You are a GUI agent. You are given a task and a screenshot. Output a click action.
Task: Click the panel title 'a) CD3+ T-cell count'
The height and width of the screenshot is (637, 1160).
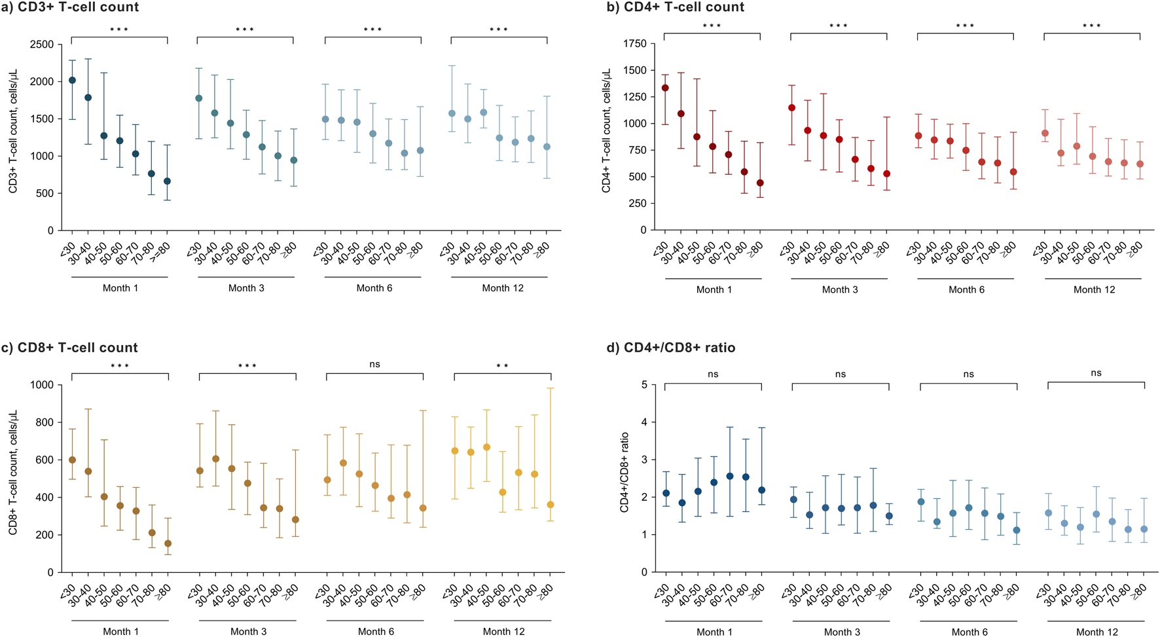click(69, 7)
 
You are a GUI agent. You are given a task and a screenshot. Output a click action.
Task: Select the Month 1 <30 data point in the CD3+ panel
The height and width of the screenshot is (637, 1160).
click(72, 81)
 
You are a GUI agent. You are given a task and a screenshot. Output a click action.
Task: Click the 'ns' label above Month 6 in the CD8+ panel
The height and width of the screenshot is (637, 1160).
click(374, 364)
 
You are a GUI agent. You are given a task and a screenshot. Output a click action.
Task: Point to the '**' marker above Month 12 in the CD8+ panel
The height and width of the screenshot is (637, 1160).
click(502, 366)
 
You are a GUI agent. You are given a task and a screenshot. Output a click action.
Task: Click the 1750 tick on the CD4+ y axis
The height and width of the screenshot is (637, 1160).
click(634, 44)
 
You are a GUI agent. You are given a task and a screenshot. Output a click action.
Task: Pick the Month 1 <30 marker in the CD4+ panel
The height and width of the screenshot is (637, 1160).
click(665, 88)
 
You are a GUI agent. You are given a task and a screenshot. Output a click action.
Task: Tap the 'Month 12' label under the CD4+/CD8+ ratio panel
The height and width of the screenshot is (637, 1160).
click(1097, 632)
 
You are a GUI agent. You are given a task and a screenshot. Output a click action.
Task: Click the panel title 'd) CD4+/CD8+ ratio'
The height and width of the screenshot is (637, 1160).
click(670, 348)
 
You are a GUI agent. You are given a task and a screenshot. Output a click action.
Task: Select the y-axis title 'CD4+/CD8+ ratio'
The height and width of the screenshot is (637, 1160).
click(625, 471)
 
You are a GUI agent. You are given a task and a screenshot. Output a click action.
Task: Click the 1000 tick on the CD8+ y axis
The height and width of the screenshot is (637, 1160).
click(42, 385)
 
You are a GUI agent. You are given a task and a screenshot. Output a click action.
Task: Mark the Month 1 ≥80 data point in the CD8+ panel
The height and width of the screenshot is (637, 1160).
click(168, 543)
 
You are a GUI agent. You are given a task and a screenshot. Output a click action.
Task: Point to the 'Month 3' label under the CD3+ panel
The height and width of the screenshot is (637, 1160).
click(246, 288)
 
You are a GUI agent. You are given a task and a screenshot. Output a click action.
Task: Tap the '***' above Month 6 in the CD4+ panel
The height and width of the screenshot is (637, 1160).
click(965, 26)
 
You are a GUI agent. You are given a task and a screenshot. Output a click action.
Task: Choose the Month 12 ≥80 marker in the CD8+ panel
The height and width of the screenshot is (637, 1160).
click(551, 505)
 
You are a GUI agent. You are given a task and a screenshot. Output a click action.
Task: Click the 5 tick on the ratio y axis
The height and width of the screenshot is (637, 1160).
click(644, 385)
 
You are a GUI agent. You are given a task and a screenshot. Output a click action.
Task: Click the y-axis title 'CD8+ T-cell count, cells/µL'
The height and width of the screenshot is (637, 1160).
click(13, 472)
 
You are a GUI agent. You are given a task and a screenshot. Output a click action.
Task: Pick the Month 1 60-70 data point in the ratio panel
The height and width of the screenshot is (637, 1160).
click(730, 477)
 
